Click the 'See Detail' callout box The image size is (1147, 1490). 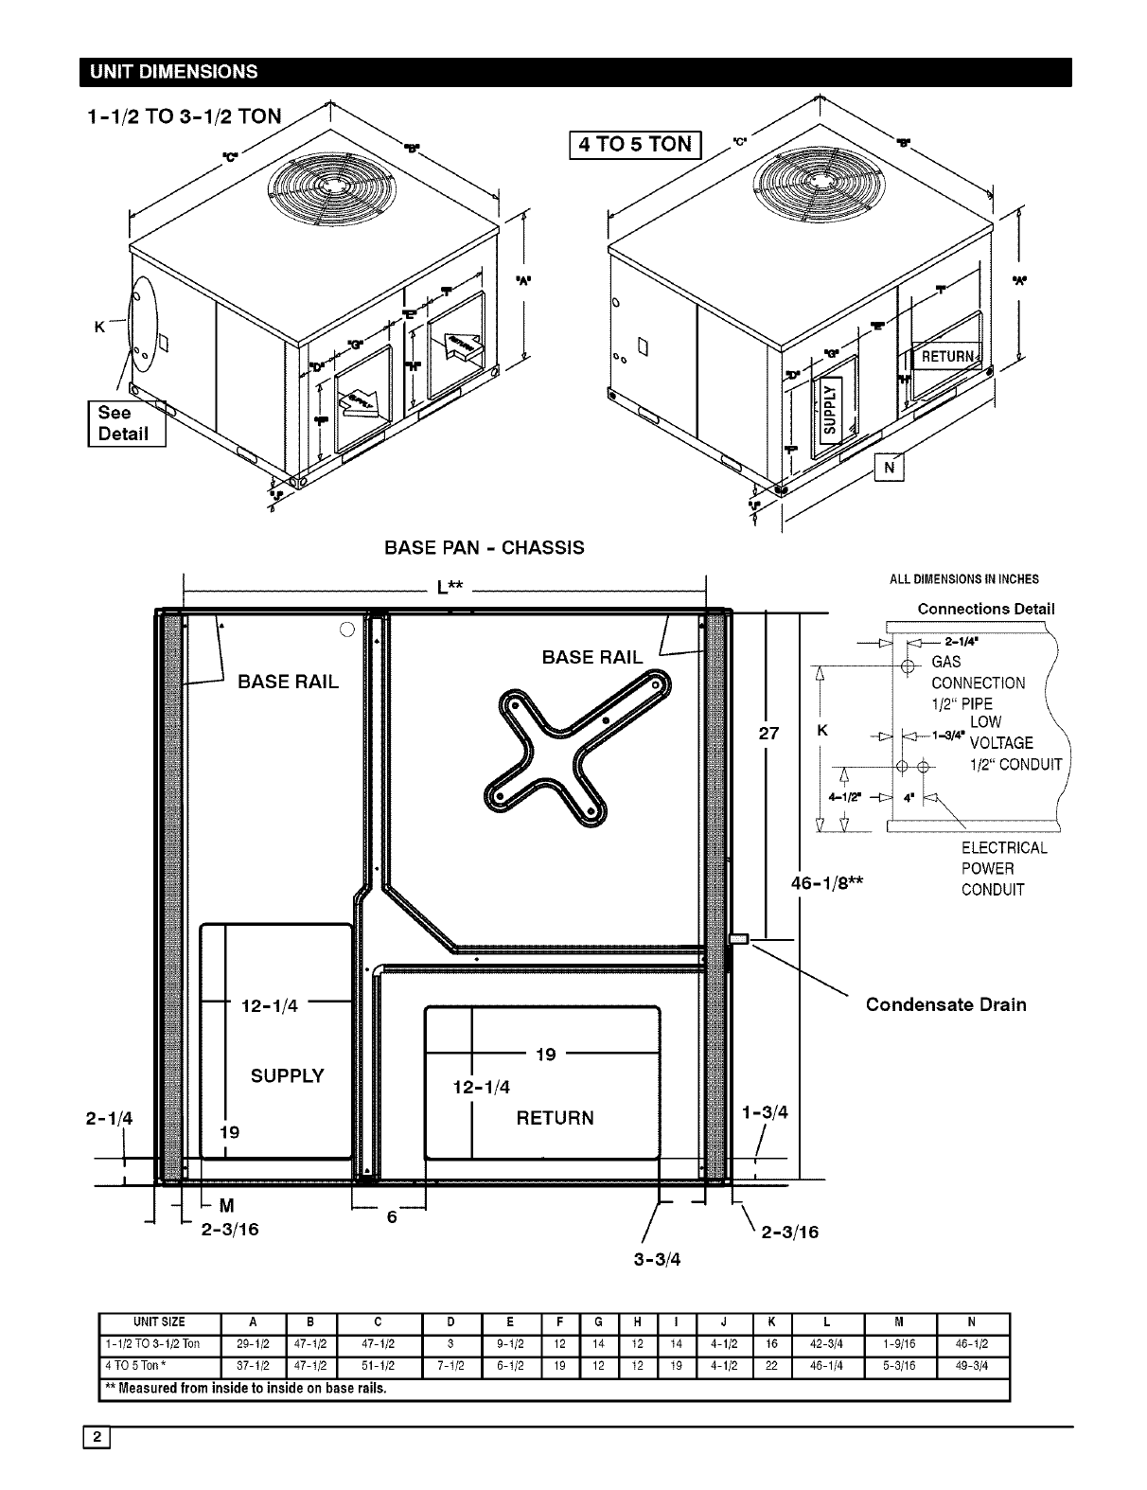[126, 423]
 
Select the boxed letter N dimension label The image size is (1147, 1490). [890, 467]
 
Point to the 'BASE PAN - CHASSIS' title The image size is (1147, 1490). [484, 548]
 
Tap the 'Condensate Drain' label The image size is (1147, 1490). [945, 1004]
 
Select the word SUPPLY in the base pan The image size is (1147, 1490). [287, 1076]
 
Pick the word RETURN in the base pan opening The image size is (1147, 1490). [555, 1118]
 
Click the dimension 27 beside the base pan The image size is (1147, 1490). [768, 733]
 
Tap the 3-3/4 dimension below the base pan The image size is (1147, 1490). [657, 1260]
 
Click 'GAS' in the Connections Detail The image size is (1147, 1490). [945, 662]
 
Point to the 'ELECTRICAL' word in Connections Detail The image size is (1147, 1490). [1004, 848]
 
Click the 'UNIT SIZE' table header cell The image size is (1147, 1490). [159, 1322]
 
